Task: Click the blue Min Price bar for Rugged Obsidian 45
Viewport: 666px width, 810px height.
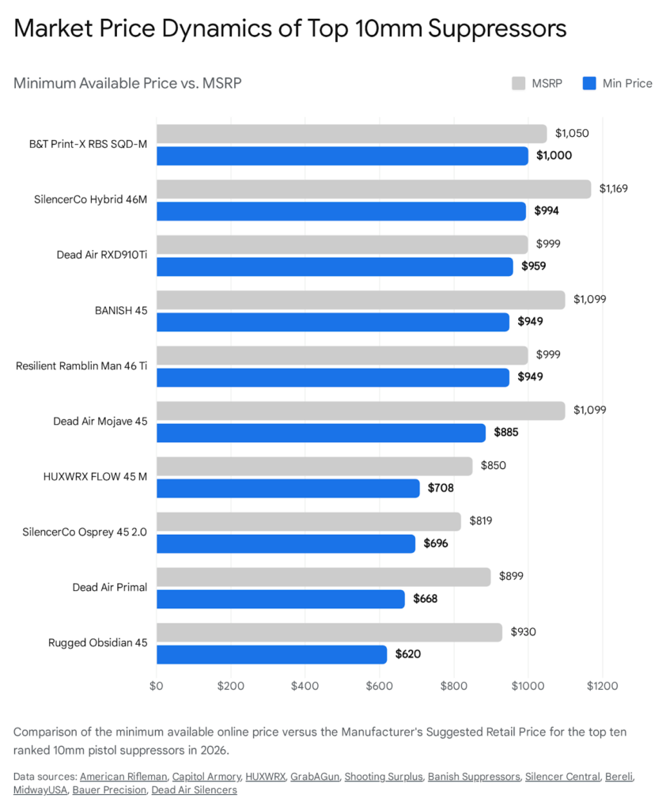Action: point(271,654)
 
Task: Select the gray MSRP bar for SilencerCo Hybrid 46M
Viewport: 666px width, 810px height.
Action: point(373,189)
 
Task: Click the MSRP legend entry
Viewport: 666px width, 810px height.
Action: point(538,83)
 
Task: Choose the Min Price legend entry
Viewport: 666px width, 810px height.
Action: point(618,83)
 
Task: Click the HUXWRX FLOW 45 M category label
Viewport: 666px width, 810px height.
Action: point(95,476)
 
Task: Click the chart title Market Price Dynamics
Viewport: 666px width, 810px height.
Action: point(289,28)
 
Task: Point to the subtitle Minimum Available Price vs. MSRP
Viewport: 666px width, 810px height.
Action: point(127,83)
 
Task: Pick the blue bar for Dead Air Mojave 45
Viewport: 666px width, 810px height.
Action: point(320,433)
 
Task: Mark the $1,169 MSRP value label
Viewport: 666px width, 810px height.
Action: point(614,188)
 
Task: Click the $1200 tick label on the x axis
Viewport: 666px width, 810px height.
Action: point(603,685)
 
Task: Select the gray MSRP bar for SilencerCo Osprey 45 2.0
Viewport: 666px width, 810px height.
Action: point(308,521)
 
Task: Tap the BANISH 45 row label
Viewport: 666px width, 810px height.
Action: point(121,310)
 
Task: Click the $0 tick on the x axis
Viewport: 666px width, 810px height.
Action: point(157,685)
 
